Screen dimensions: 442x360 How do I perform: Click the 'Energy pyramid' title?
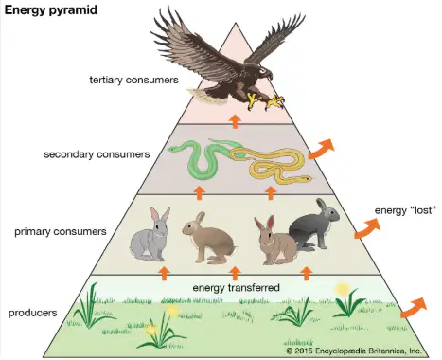[51, 10]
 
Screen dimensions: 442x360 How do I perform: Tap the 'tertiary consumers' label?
[133, 80]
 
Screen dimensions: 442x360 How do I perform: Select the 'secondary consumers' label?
[97, 154]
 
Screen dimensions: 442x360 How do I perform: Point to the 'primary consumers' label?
[61, 231]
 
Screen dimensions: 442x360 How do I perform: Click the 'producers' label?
[33, 313]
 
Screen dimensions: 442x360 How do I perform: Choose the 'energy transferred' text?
[236, 288]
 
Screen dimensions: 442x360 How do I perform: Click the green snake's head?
[174, 149]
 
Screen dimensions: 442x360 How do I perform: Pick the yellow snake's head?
[306, 179]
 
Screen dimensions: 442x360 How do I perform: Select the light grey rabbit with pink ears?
[150, 235]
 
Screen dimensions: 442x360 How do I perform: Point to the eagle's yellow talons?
[265, 101]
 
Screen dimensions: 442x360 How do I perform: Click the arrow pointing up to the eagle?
[235, 121]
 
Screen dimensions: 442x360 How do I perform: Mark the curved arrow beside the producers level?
[415, 308]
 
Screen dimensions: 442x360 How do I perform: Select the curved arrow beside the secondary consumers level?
[321, 149]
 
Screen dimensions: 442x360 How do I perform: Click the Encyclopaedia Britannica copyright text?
[354, 351]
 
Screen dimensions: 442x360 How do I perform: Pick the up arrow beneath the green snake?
[199, 193]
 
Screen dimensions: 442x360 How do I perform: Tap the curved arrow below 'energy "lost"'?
[367, 228]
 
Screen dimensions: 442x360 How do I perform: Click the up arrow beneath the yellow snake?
[271, 193]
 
